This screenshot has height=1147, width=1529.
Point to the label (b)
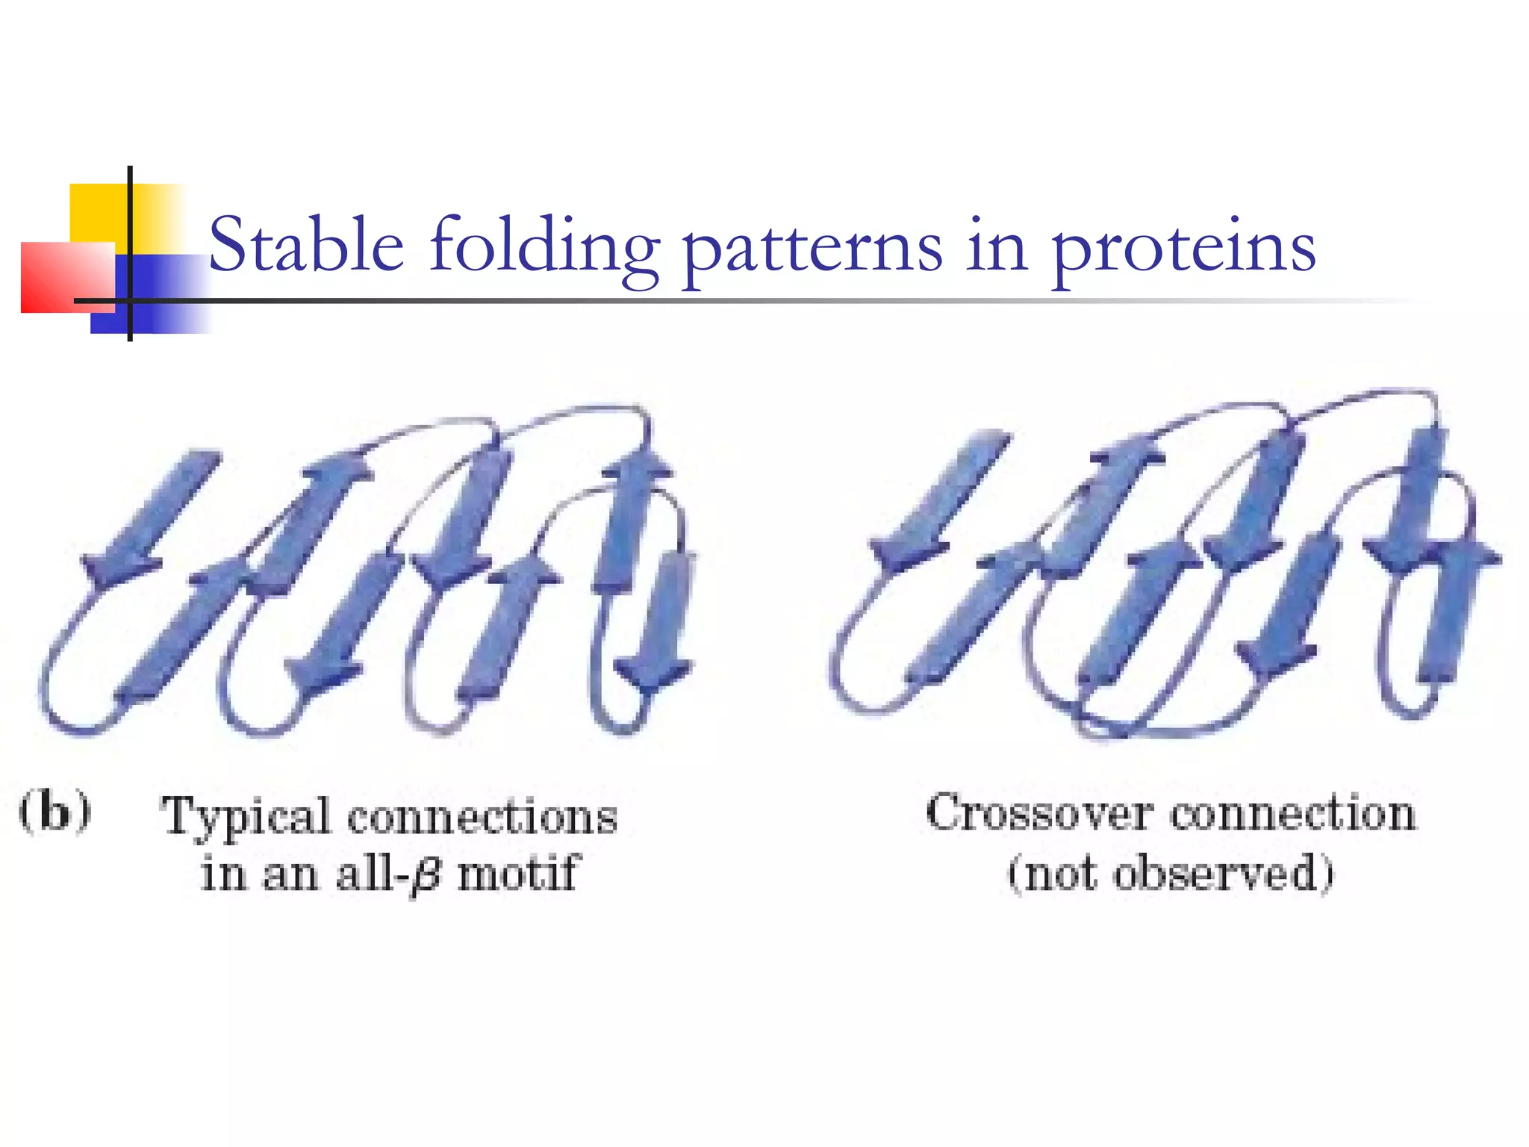[55, 812]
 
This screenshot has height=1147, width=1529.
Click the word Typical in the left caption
[246, 818]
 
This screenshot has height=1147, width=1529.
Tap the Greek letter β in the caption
[426, 874]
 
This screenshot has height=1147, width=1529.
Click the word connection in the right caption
[1292, 813]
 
